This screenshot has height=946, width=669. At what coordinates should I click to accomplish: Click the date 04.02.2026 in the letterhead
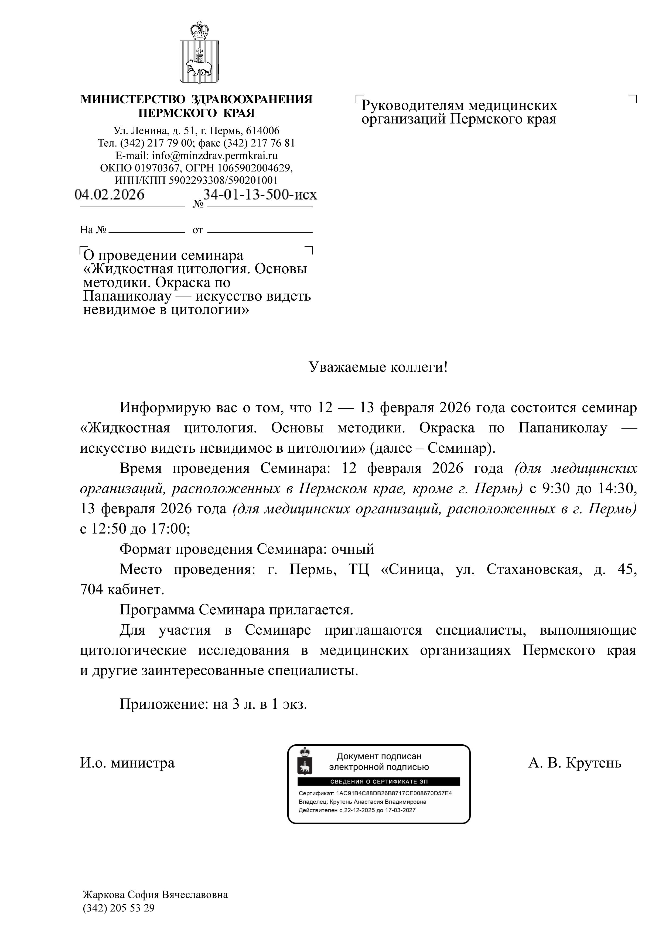click(109, 194)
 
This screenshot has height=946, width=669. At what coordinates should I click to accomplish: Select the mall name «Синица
click(412, 569)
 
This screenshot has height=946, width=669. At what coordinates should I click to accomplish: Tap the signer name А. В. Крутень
click(575, 763)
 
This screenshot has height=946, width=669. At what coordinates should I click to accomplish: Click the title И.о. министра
click(127, 763)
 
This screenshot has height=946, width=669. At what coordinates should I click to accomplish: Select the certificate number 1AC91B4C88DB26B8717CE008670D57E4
click(394, 793)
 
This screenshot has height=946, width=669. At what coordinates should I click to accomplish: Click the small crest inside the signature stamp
click(305, 762)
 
